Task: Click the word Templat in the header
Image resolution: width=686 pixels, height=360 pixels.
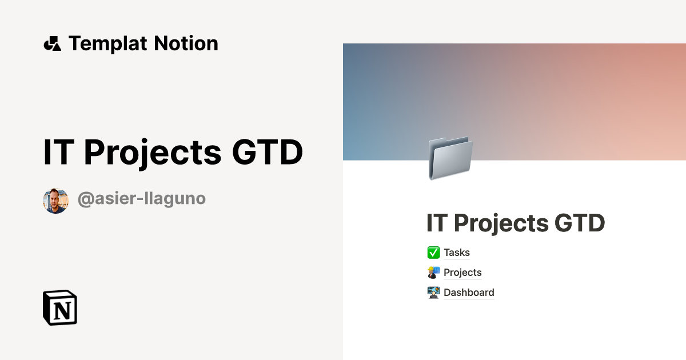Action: pyautogui.click(x=106, y=43)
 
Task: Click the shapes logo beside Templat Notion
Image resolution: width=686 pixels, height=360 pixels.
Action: pyautogui.click(x=52, y=43)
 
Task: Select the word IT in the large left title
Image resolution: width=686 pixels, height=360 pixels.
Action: pyautogui.click(x=58, y=153)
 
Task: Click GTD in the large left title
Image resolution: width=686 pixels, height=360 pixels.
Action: pyautogui.click(x=267, y=153)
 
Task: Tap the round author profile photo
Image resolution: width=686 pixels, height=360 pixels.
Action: pyautogui.click(x=55, y=201)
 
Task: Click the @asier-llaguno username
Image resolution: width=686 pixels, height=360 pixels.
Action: pyautogui.click(x=141, y=199)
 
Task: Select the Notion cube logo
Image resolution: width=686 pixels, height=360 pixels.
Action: pyautogui.click(x=60, y=307)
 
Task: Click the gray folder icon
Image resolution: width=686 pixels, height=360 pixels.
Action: pyautogui.click(x=450, y=158)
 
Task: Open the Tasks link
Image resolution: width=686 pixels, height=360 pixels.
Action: pyautogui.click(x=457, y=253)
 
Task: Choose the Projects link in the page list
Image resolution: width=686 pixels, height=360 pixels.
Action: pyautogui.click(x=462, y=273)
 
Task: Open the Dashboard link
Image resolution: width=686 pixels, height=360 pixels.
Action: pyautogui.click(x=469, y=293)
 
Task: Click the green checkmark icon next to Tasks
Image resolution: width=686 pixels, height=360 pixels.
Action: pyautogui.click(x=433, y=253)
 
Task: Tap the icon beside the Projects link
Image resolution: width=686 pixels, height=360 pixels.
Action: pyautogui.click(x=433, y=273)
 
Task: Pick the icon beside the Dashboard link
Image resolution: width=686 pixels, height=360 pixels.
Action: pyautogui.click(x=433, y=293)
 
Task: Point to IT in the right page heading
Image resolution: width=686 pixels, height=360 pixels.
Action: pyautogui.click(x=436, y=223)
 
